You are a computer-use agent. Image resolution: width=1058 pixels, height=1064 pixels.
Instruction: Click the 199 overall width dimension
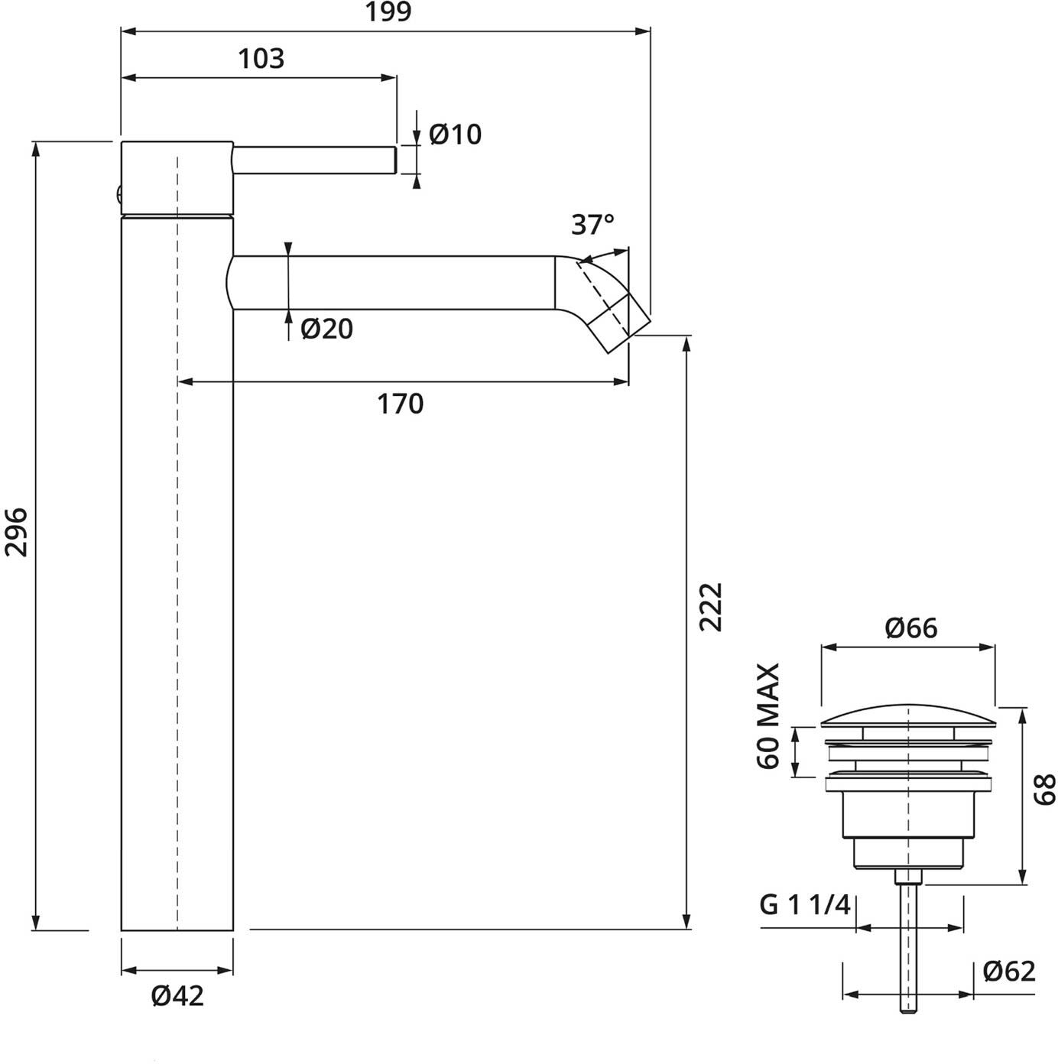[388, 11]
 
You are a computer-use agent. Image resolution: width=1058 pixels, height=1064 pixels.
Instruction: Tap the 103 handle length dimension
[261, 59]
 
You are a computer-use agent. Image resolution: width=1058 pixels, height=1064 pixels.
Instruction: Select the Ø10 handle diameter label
[455, 135]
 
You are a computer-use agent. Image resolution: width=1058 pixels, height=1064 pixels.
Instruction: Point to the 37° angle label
[592, 225]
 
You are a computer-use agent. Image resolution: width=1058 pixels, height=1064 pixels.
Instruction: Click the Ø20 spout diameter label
[326, 329]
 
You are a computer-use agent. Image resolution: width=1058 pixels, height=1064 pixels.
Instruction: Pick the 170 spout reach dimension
[400, 404]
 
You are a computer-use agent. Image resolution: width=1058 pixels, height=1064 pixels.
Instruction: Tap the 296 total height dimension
[15, 532]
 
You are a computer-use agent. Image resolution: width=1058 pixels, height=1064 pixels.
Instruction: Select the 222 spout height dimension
[710, 607]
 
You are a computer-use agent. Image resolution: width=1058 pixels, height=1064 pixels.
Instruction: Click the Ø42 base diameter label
[177, 1009]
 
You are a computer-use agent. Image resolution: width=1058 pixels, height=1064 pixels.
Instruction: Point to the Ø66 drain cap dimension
[911, 628]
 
